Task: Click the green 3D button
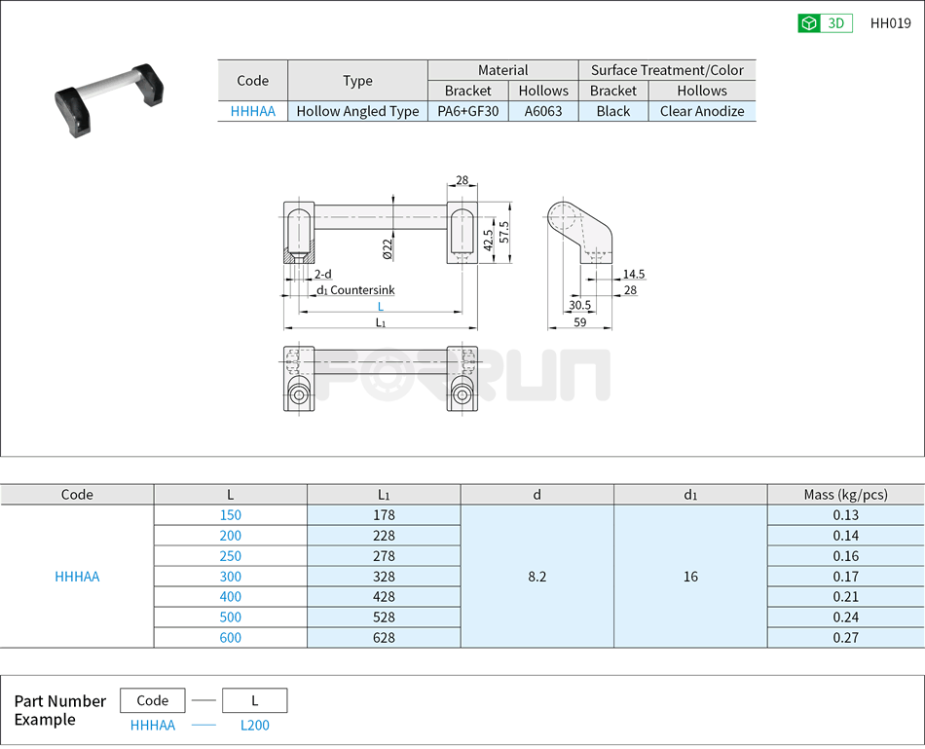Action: (825, 24)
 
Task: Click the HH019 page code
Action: (890, 24)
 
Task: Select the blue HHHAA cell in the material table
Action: (252, 111)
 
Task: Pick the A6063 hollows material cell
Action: (542, 111)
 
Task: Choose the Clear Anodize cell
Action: (701, 111)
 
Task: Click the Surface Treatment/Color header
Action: (666, 70)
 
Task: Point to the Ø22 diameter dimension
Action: (387, 248)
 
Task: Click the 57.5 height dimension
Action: (503, 233)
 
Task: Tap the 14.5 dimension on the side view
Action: (633, 275)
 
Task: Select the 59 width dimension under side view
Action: (579, 322)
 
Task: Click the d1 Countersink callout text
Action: (354, 290)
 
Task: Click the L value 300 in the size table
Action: (230, 577)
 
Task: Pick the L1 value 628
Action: (383, 638)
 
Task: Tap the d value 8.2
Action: (536, 577)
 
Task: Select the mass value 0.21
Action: (845, 597)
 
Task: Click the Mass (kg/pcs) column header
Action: (845, 495)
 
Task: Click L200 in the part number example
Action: (254, 726)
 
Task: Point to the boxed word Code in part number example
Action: (152, 700)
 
